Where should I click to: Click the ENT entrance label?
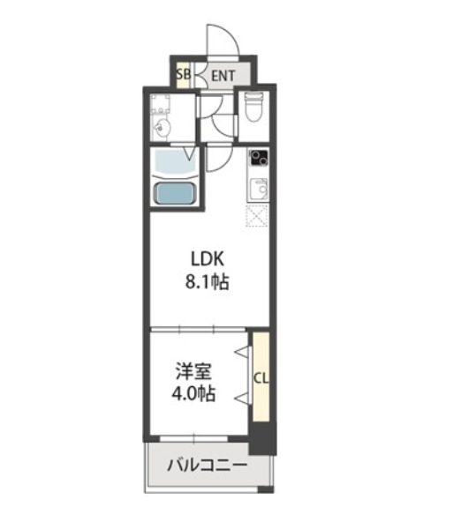click(x=223, y=76)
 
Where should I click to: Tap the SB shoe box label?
click(x=184, y=75)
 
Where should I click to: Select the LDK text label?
click(x=208, y=259)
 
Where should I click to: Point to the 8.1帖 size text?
click(x=208, y=282)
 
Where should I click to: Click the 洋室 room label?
click(x=193, y=371)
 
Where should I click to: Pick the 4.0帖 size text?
click(x=193, y=393)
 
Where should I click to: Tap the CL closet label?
click(x=261, y=378)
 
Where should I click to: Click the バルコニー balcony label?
click(x=208, y=466)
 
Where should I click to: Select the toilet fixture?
click(x=253, y=107)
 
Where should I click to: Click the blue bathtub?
click(x=175, y=193)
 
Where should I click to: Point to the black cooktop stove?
click(x=258, y=158)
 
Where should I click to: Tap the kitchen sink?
click(x=259, y=189)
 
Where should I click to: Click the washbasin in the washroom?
click(x=161, y=127)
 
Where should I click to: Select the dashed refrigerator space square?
click(x=257, y=216)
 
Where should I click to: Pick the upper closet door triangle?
click(x=244, y=352)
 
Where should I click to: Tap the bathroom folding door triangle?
click(x=190, y=153)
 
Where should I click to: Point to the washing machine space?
click(x=161, y=103)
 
